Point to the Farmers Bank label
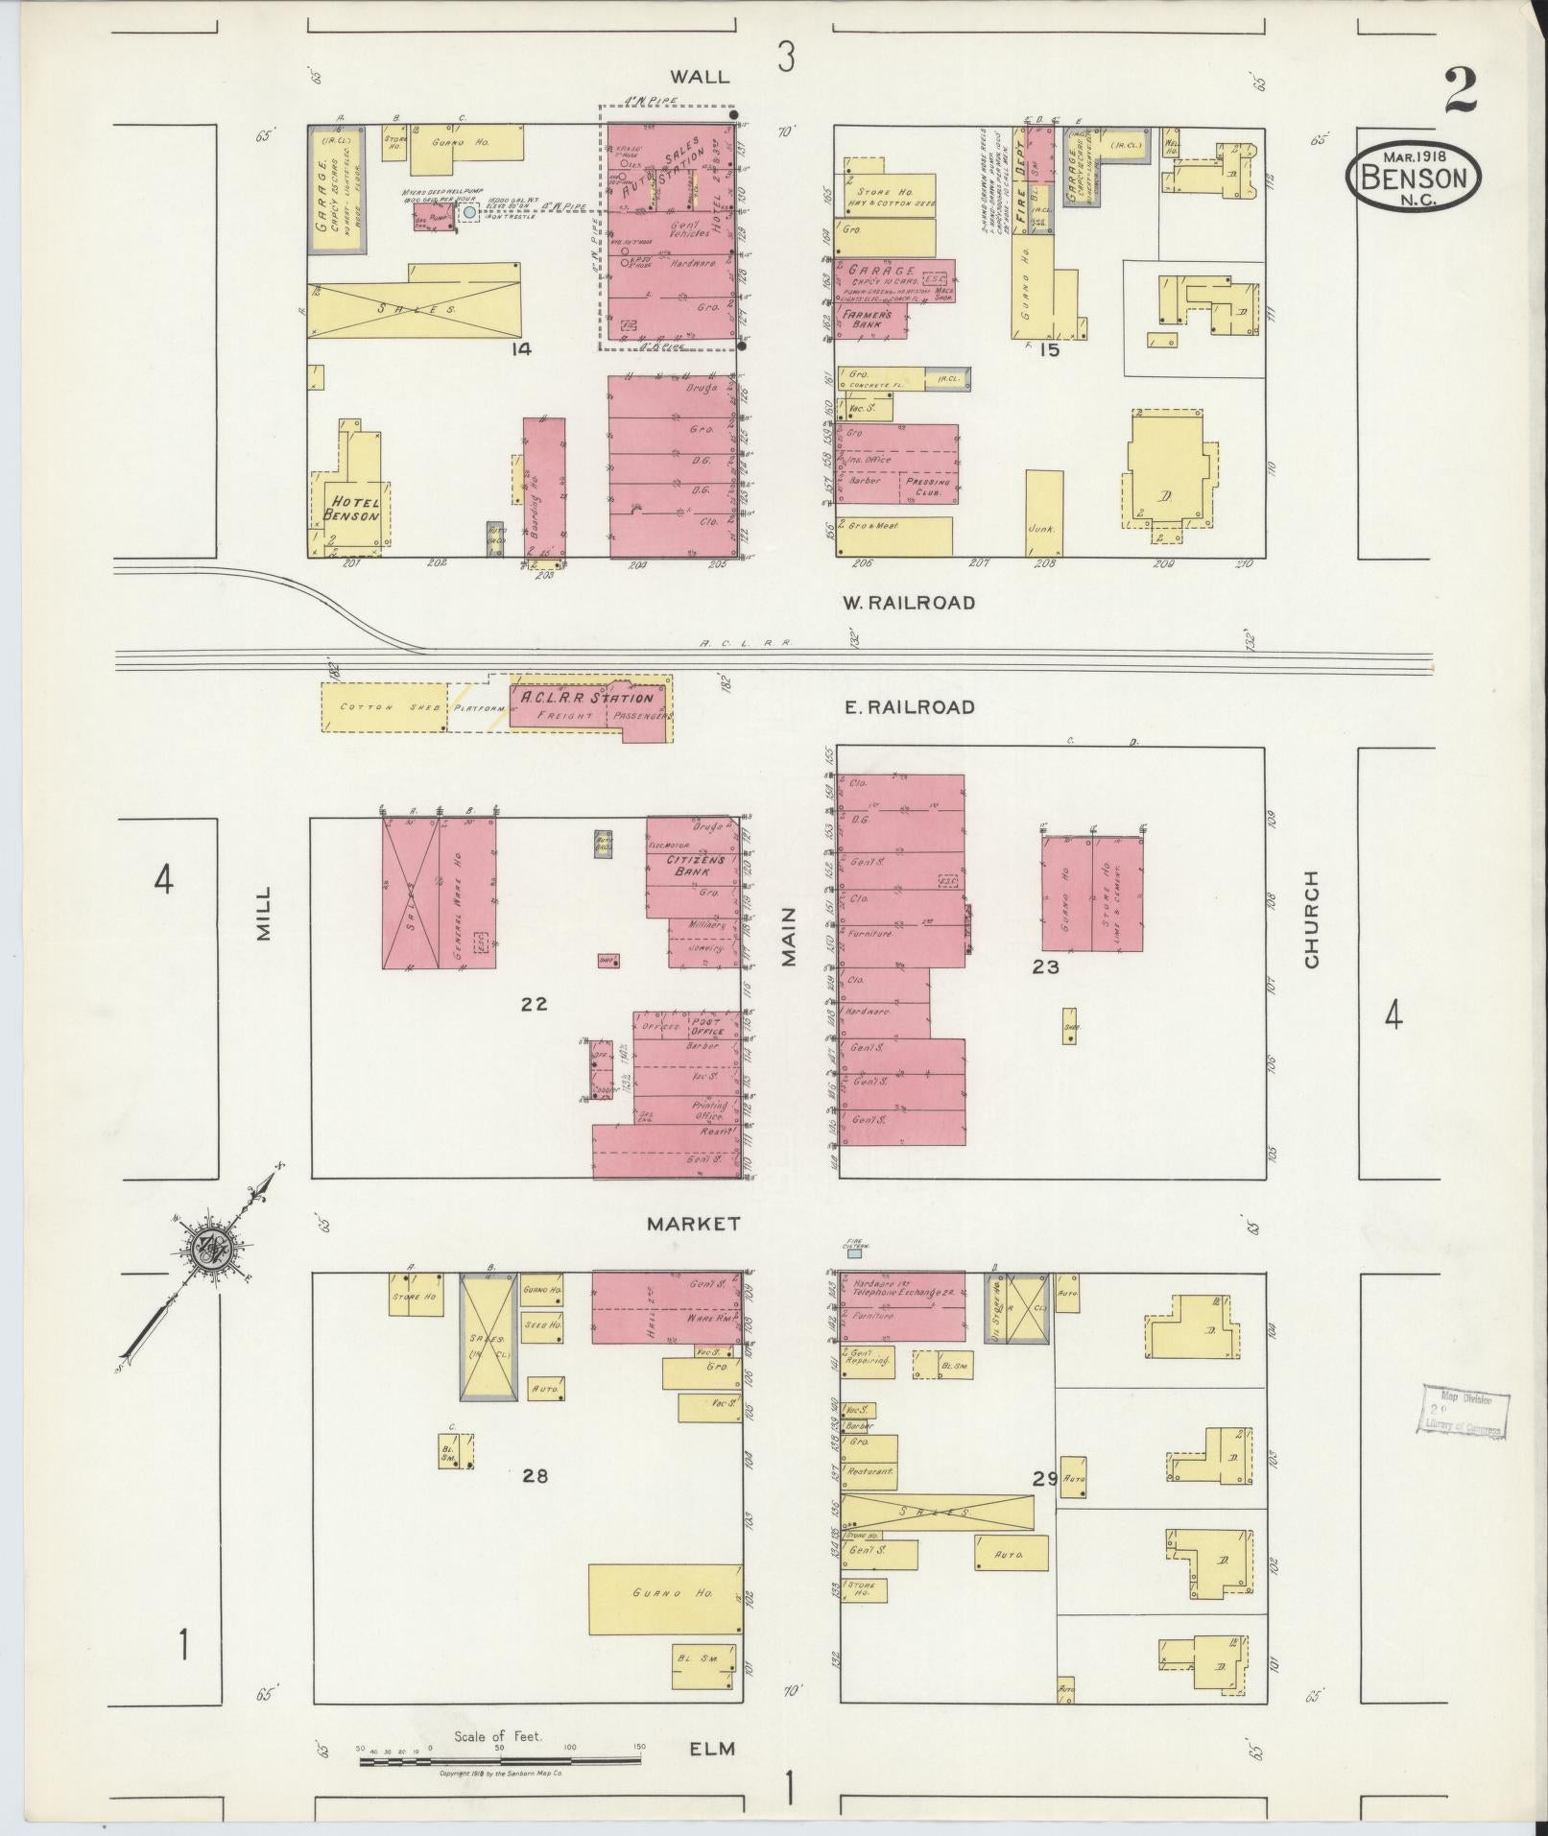click(x=867, y=320)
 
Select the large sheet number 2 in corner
click(x=1459, y=93)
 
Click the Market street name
click(x=693, y=1224)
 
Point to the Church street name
click(x=1312, y=918)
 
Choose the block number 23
click(x=1045, y=967)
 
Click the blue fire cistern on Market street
click(x=854, y=1253)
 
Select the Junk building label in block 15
click(x=1042, y=528)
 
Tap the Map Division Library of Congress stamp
click(x=1461, y=1413)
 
